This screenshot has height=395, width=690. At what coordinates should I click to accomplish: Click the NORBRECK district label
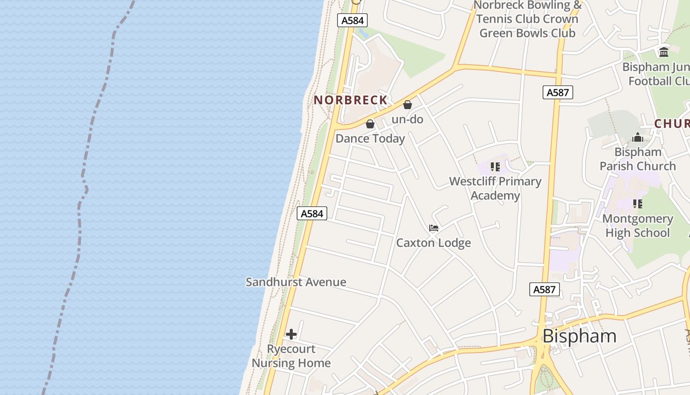pyautogui.click(x=350, y=100)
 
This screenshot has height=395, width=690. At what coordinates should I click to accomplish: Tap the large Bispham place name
pyautogui.click(x=579, y=336)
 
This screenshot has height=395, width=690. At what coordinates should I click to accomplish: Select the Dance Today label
pyautogui.click(x=370, y=139)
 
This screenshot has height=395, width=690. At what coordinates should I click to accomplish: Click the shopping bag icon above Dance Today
pyautogui.click(x=370, y=124)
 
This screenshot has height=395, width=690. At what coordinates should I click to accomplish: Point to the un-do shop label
pyautogui.click(x=407, y=119)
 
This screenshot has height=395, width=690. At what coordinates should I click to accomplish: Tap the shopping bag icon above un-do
pyautogui.click(x=408, y=105)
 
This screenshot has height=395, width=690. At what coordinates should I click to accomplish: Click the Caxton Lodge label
pyautogui.click(x=434, y=243)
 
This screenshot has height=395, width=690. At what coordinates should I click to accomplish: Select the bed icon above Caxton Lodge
pyautogui.click(x=434, y=228)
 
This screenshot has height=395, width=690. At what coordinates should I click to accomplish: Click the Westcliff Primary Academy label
pyautogui.click(x=495, y=188)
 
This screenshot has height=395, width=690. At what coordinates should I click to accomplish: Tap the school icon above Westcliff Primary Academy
pyautogui.click(x=495, y=167)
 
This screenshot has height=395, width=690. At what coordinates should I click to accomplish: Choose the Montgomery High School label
pyautogui.click(x=637, y=226)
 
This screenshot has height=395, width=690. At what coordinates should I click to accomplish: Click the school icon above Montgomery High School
pyautogui.click(x=638, y=203)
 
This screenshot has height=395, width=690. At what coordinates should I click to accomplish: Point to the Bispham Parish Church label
pyautogui.click(x=638, y=159)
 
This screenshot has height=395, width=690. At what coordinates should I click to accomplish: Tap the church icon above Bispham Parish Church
pyautogui.click(x=638, y=138)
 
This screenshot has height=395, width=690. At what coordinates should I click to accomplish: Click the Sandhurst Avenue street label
pyautogui.click(x=296, y=282)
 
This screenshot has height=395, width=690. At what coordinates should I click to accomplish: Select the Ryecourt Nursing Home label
pyautogui.click(x=291, y=356)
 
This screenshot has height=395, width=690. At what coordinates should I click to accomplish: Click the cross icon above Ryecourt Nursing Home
pyautogui.click(x=291, y=334)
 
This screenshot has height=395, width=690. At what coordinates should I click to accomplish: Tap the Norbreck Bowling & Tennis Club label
pyautogui.click(x=528, y=19)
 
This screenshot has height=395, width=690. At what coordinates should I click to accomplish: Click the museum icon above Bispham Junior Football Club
pyautogui.click(x=664, y=52)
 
